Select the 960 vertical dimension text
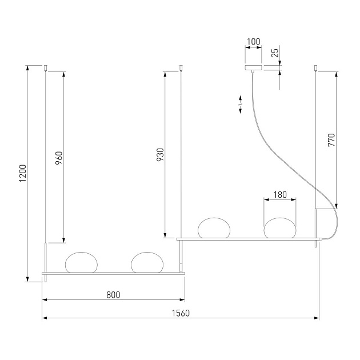click(58, 158)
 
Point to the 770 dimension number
click(331, 140)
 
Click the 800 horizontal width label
click(113, 295)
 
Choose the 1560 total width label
click(181, 313)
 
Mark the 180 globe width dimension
click(280, 195)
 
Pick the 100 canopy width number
click(253, 42)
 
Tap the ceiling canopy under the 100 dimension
click(253, 67)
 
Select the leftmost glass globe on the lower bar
click(82, 262)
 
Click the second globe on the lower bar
click(147, 262)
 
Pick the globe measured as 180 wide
click(279, 227)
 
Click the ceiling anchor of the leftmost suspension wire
click(46, 69)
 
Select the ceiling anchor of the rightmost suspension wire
click(315, 69)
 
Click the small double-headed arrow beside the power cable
click(241, 106)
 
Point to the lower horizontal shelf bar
click(114, 274)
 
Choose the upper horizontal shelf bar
click(249, 239)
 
